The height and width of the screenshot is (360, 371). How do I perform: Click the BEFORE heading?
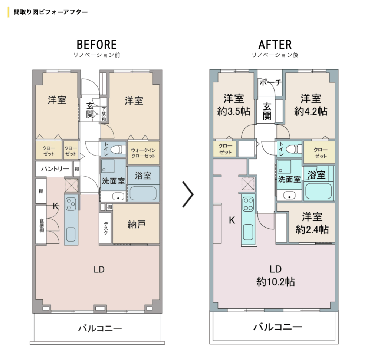(x=96, y=45)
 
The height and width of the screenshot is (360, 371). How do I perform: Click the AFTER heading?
(x=275, y=45)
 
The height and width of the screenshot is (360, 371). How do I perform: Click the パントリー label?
(x=55, y=169)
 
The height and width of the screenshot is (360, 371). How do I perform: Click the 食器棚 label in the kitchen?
(x=42, y=225)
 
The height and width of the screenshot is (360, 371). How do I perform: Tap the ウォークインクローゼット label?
(x=143, y=153)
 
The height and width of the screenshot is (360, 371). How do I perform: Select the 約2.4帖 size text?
(x=312, y=230)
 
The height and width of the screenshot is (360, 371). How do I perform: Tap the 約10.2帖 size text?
(x=275, y=282)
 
